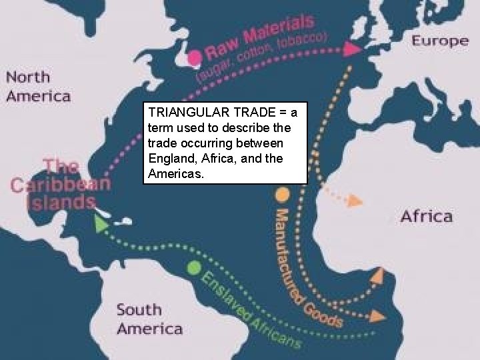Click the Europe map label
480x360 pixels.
(440, 40)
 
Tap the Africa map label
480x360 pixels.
(426, 215)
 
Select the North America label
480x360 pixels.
(38, 86)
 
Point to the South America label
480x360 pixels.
(149, 319)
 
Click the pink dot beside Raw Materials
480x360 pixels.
(195, 57)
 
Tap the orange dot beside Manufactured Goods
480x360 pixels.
(282, 195)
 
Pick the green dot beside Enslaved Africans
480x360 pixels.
(193, 267)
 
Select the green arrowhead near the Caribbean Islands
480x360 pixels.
(100, 225)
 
